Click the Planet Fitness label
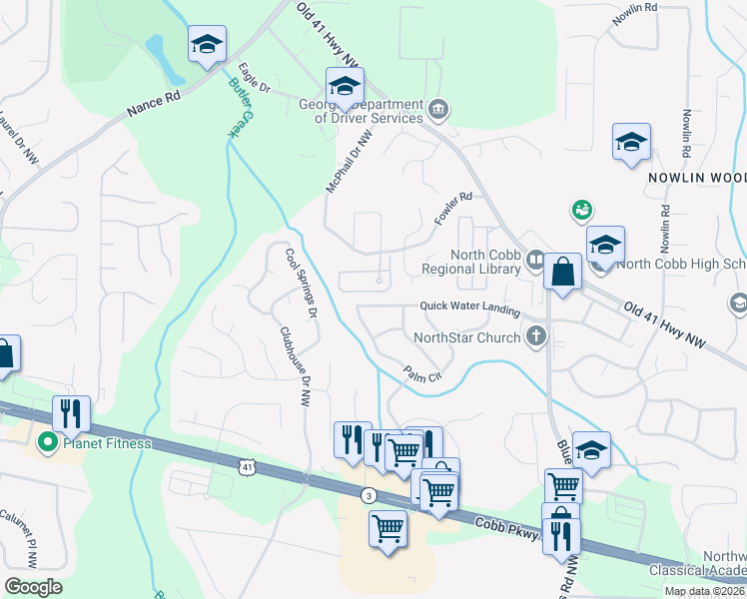click(108, 443)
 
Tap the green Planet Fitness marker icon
click(45, 442)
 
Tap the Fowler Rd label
click(451, 208)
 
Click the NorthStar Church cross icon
click(537, 336)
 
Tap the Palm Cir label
click(423, 374)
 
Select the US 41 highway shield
click(248, 466)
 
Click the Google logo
click(34, 587)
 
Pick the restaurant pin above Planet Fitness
click(71, 411)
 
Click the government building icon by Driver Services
click(437, 109)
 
